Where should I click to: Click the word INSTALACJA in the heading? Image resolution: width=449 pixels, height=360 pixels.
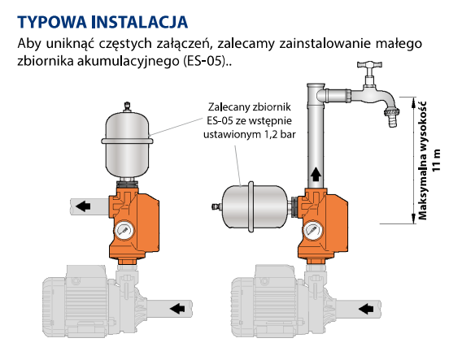(x=140, y=22)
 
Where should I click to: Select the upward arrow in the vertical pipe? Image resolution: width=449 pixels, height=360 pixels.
(x=316, y=174)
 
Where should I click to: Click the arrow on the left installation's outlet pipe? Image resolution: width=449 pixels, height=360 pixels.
(x=83, y=206)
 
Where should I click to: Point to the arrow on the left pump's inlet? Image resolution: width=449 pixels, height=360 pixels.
(x=177, y=308)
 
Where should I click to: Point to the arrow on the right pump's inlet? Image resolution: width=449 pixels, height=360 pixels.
(x=366, y=309)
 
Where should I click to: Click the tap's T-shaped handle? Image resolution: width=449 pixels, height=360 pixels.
(x=369, y=65)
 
